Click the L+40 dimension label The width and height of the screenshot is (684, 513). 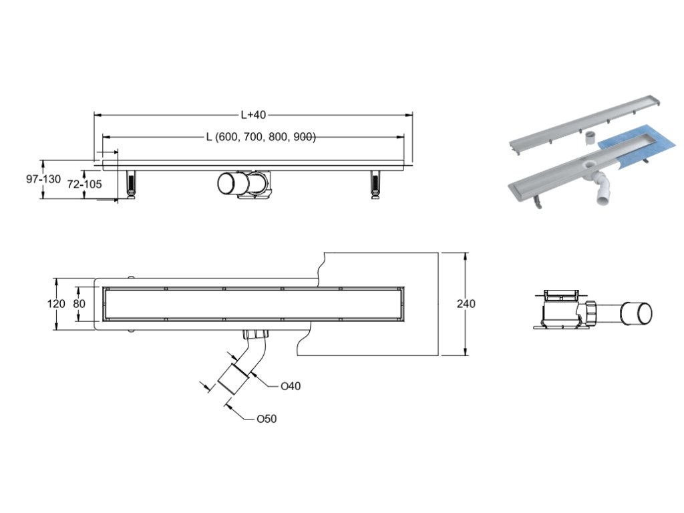[252, 115]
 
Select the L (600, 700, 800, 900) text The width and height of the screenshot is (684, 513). [261, 137]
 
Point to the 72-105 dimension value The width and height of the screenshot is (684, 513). [85, 184]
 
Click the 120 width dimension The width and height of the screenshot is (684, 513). [57, 304]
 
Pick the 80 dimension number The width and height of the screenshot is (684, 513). [79, 304]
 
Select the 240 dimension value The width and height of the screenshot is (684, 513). [466, 304]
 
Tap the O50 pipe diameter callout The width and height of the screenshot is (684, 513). [266, 419]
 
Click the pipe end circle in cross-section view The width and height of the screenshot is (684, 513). [637, 313]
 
